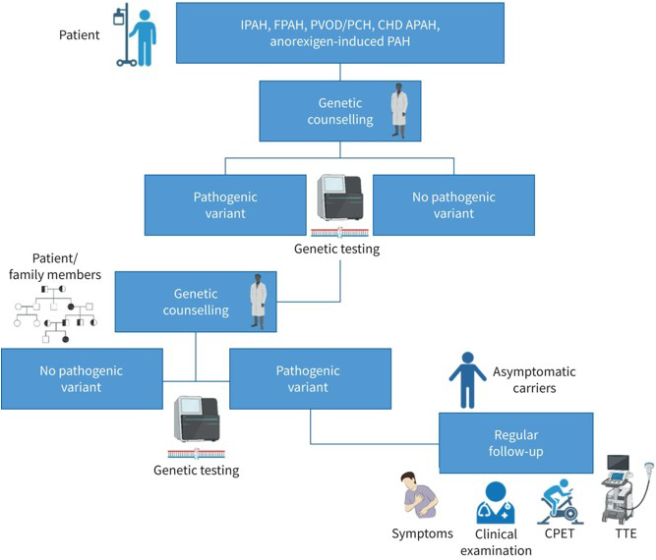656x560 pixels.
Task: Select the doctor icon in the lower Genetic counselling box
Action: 259,302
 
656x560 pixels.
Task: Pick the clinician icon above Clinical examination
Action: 495,500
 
